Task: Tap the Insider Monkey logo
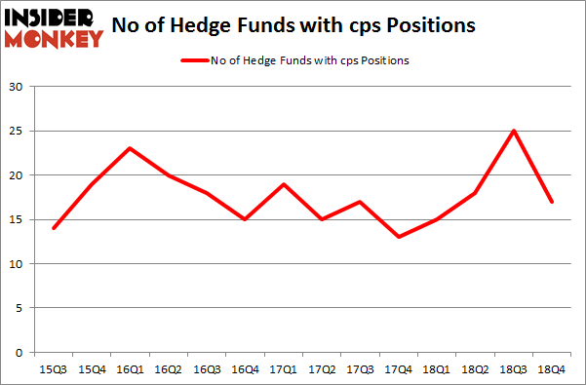tap(54, 26)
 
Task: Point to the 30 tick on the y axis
tap(16, 87)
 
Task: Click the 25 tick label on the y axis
tap(16, 131)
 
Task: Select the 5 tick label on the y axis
tap(20, 308)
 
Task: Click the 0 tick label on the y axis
tap(20, 352)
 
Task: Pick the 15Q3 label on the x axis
tap(53, 370)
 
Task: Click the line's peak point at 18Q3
tap(515, 131)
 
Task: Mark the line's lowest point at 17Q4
tap(399, 237)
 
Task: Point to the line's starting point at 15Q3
tap(53, 228)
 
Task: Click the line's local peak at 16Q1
tap(130, 148)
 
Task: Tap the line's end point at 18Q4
tap(553, 202)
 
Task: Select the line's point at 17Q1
tap(284, 184)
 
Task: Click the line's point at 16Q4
tap(245, 219)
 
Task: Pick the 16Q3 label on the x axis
tap(207, 370)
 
